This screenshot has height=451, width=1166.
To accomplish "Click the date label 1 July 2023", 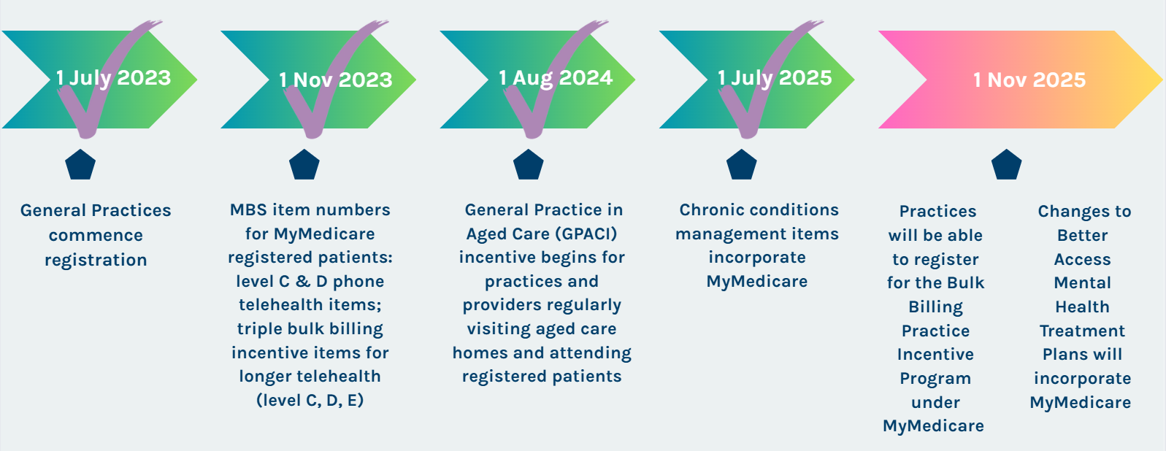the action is point(113,78).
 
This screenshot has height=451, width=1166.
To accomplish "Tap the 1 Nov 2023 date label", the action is point(336,80).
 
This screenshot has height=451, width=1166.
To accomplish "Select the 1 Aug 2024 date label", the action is point(556,78).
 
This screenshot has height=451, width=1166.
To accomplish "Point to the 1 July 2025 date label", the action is point(775,78).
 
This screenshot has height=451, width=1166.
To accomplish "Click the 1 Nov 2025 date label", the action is point(1029,80).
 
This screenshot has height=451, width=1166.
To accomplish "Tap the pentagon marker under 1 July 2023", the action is point(80,165).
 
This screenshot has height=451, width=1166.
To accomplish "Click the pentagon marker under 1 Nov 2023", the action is point(304,165).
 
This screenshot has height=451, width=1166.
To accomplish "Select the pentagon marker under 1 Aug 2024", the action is point(529,165).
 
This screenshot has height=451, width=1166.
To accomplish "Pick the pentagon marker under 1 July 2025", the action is point(742,165).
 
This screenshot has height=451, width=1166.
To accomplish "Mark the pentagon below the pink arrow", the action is point(1007,165).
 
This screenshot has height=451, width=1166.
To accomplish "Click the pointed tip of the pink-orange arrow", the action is point(1162,80).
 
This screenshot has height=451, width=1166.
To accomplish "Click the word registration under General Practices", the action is point(96,260).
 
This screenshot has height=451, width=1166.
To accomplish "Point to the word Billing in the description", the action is point(935,307).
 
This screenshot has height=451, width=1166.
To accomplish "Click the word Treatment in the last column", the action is point(1082,331).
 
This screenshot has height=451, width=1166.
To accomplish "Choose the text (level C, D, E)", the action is point(310,401).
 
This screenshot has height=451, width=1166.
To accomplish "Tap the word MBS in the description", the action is point(248,209).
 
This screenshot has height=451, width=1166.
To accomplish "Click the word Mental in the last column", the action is point(1082,283).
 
